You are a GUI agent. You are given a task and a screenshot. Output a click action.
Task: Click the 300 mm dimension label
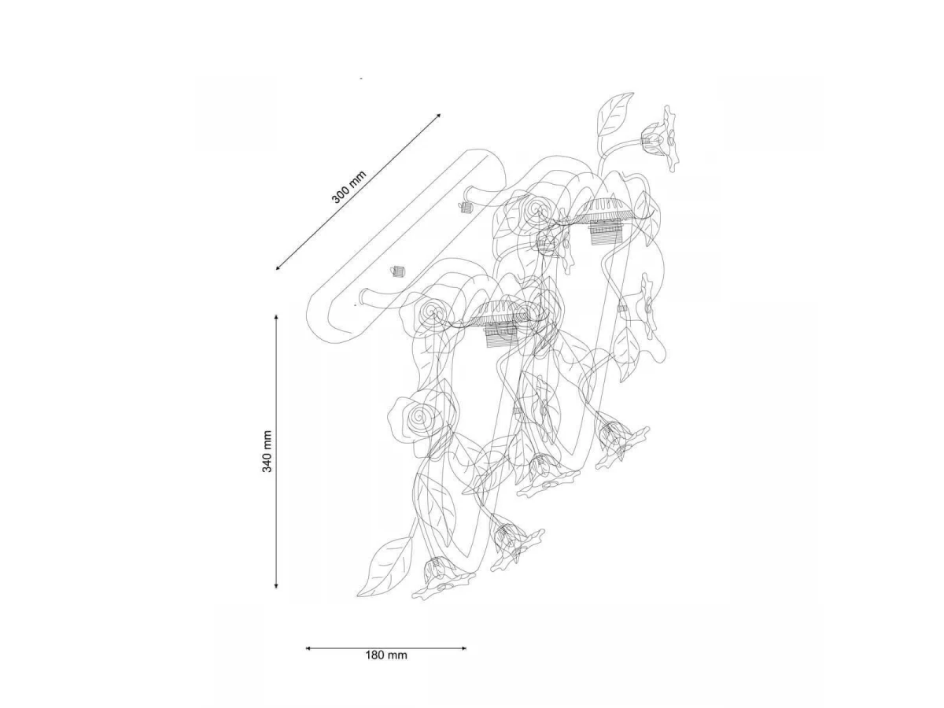pyautogui.click(x=348, y=186)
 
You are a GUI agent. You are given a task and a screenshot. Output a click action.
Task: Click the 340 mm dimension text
pyautogui.click(x=267, y=451)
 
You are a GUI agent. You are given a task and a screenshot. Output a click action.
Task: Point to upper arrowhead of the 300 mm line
pyautogui.click(x=438, y=115)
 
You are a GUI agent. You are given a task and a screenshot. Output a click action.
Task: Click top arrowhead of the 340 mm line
pyautogui.click(x=276, y=317)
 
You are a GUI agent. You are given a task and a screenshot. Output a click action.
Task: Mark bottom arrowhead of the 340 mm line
pyautogui.click(x=276, y=585)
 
